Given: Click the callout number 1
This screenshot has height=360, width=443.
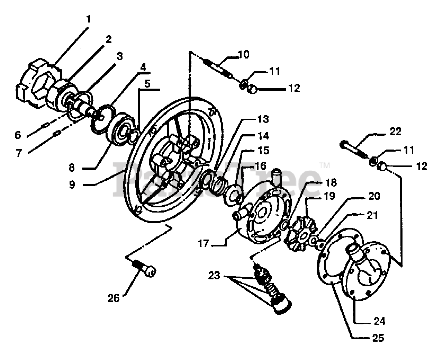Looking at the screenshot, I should click(89, 19).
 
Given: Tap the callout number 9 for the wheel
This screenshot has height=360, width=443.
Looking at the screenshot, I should click(72, 184).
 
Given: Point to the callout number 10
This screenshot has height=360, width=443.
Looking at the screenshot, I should click(244, 55).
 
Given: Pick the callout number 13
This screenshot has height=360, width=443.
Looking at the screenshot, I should click(263, 119).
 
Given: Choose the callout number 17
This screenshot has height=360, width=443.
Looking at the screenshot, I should click(204, 244).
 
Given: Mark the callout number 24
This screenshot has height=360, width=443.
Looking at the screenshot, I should click(379, 321).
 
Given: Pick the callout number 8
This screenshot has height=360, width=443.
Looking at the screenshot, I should click(71, 168).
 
